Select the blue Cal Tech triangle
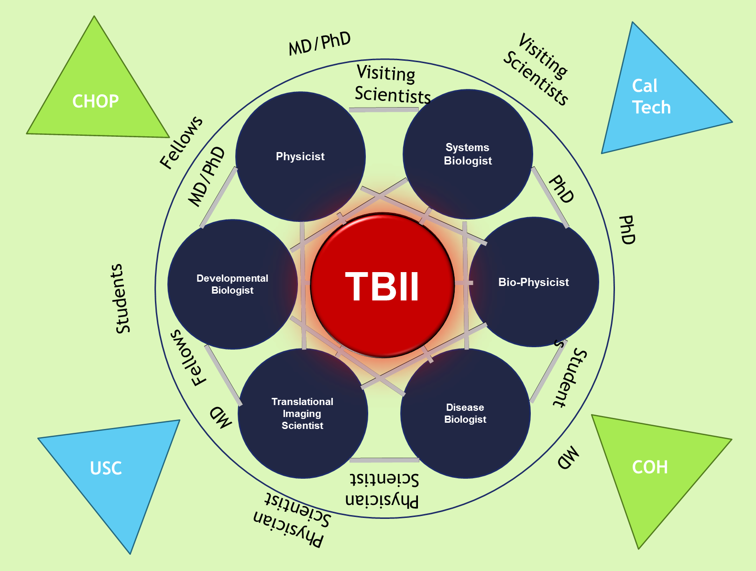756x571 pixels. point(655,100)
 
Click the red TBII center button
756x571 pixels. point(383,285)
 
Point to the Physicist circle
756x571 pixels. point(300,156)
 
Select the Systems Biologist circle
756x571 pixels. point(468,154)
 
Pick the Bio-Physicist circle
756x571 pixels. point(534,282)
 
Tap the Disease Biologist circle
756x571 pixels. point(465,413)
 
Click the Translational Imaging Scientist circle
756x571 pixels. point(303,413)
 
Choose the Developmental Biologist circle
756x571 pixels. point(232,284)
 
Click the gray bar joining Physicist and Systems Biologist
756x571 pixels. point(383,110)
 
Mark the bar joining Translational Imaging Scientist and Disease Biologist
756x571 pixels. point(384,460)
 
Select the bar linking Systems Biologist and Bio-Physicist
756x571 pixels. point(550,197)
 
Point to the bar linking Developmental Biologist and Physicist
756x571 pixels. point(219,197)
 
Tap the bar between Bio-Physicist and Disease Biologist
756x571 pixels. point(548,371)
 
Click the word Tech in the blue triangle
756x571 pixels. point(651,107)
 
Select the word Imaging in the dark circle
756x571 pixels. point(302,414)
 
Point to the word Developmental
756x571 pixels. point(232,278)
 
